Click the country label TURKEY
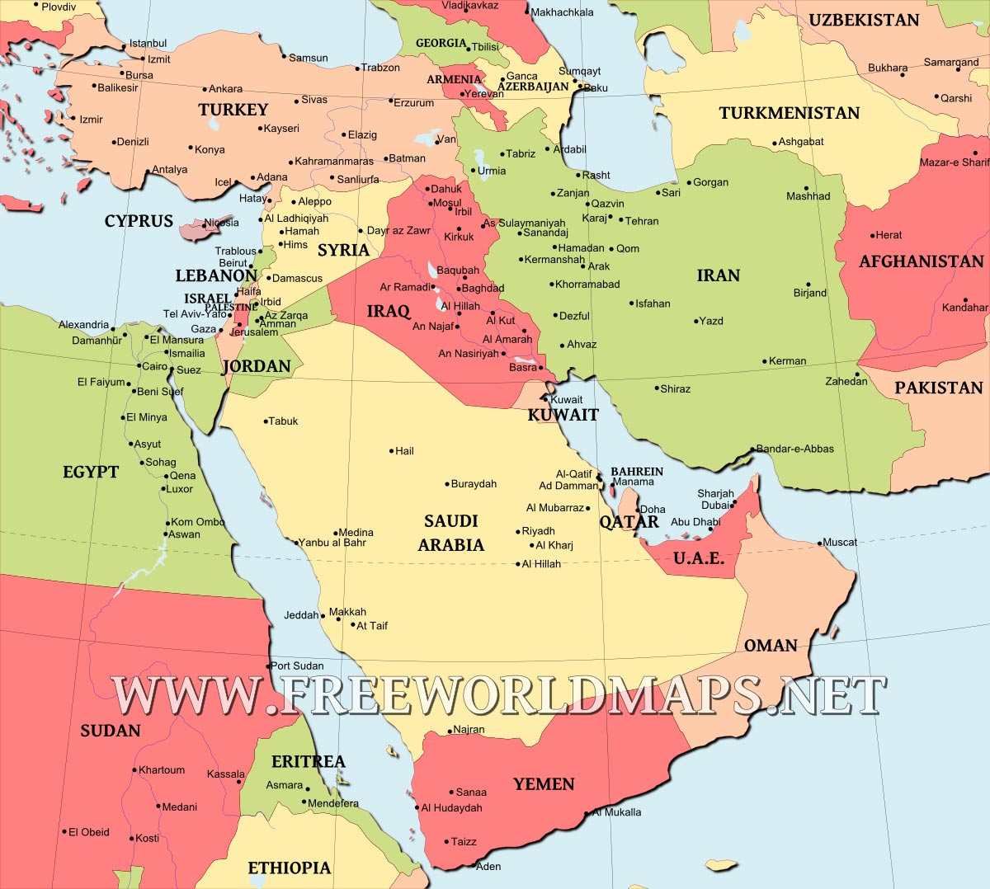pyautogui.click(x=233, y=110)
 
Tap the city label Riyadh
pyautogui.click(x=539, y=531)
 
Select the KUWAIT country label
pyautogui.click(x=563, y=415)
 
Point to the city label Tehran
pyautogui.click(x=642, y=221)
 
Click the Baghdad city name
pyautogui.click(x=483, y=289)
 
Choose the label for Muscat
pyautogui.click(x=840, y=542)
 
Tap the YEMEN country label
pyautogui.click(x=544, y=784)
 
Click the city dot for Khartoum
pyautogui.click(x=134, y=771)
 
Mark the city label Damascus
pyautogui.click(x=297, y=278)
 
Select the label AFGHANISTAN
pyautogui.click(x=922, y=261)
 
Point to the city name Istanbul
pyautogui.click(x=148, y=43)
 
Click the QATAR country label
pyautogui.click(x=629, y=522)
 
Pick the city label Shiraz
pyautogui.click(x=676, y=388)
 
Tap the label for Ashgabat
pyautogui.click(x=801, y=142)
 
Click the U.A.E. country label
pyautogui.click(x=699, y=558)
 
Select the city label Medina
pyautogui.click(x=356, y=533)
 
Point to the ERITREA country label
pyautogui.click(x=309, y=761)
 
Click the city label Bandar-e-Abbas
pyautogui.click(x=795, y=449)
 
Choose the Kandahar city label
pyautogui.click(x=965, y=308)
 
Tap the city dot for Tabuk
pyautogui.click(x=266, y=421)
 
